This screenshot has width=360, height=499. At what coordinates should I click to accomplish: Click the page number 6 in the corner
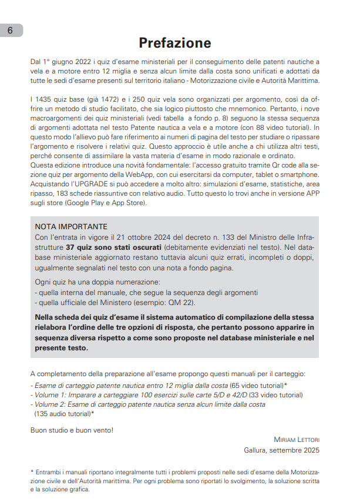[10, 31]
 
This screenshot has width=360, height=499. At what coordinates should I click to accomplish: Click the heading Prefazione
[174, 43]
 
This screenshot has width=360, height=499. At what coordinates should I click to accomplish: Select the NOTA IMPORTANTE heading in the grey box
[71, 226]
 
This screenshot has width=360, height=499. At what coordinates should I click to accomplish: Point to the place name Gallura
[257, 450]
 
